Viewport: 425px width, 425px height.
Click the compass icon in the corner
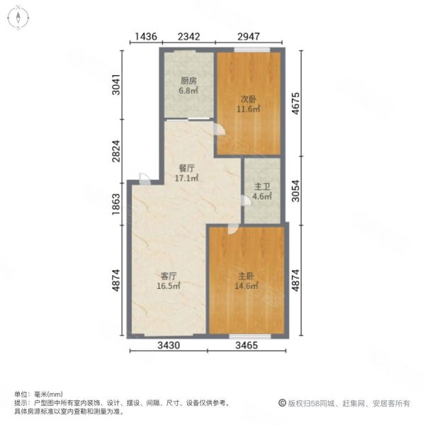coord(18,18)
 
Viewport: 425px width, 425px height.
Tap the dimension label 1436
coord(146,36)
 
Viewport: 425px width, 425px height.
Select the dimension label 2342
coord(189,36)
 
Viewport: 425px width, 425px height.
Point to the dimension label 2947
coord(249,36)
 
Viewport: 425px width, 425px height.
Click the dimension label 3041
coord(116,84)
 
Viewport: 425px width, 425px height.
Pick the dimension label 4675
coord(295,103)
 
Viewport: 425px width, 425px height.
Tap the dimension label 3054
coord(295,191)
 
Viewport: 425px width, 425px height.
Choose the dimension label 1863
coord(116,204)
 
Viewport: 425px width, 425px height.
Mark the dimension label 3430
coord(169,346)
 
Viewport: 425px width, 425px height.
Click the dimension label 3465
coord(246,346)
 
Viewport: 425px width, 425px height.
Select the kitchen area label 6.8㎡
coord(188,90)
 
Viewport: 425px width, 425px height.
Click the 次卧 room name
coord(249,99)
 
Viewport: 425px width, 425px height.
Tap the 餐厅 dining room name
coord(187,169)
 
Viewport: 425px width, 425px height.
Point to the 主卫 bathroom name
coord(262,186)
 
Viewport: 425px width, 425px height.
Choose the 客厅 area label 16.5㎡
coord(169,285)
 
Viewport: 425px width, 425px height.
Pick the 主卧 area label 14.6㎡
coord(246,285)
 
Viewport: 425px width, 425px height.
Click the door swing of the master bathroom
coord(246,200)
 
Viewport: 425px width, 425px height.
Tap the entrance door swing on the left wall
coord(144,179)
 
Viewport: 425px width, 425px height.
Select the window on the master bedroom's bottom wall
coord(250,336)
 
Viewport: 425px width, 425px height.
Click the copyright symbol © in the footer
coord(282,403)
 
